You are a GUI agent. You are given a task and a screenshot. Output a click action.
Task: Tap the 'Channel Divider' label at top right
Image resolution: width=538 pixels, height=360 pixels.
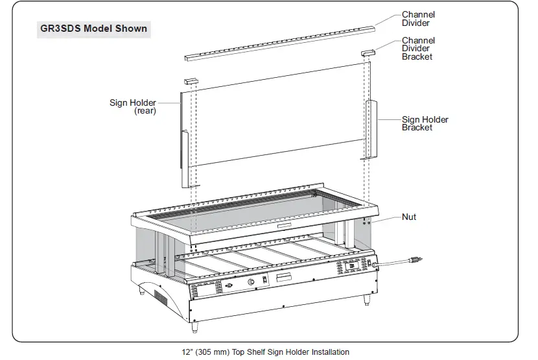[418, 19]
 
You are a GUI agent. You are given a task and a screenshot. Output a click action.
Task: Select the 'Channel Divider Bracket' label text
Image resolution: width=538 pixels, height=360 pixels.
[418, 49]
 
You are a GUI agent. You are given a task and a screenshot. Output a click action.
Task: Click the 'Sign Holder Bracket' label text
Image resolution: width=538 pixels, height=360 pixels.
[425, 123]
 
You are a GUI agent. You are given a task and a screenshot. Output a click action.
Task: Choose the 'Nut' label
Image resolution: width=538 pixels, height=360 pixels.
[409, 217]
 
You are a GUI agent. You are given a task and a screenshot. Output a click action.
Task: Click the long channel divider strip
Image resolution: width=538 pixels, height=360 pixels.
[279, 43]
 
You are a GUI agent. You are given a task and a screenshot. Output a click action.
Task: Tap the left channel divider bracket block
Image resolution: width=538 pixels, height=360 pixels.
[190, 81]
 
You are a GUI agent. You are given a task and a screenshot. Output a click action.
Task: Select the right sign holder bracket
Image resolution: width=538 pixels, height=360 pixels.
[371, 128]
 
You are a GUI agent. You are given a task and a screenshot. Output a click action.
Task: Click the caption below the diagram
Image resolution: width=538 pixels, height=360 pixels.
[265, 352]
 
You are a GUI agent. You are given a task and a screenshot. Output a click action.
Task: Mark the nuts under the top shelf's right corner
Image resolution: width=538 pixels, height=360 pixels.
[367, 221]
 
